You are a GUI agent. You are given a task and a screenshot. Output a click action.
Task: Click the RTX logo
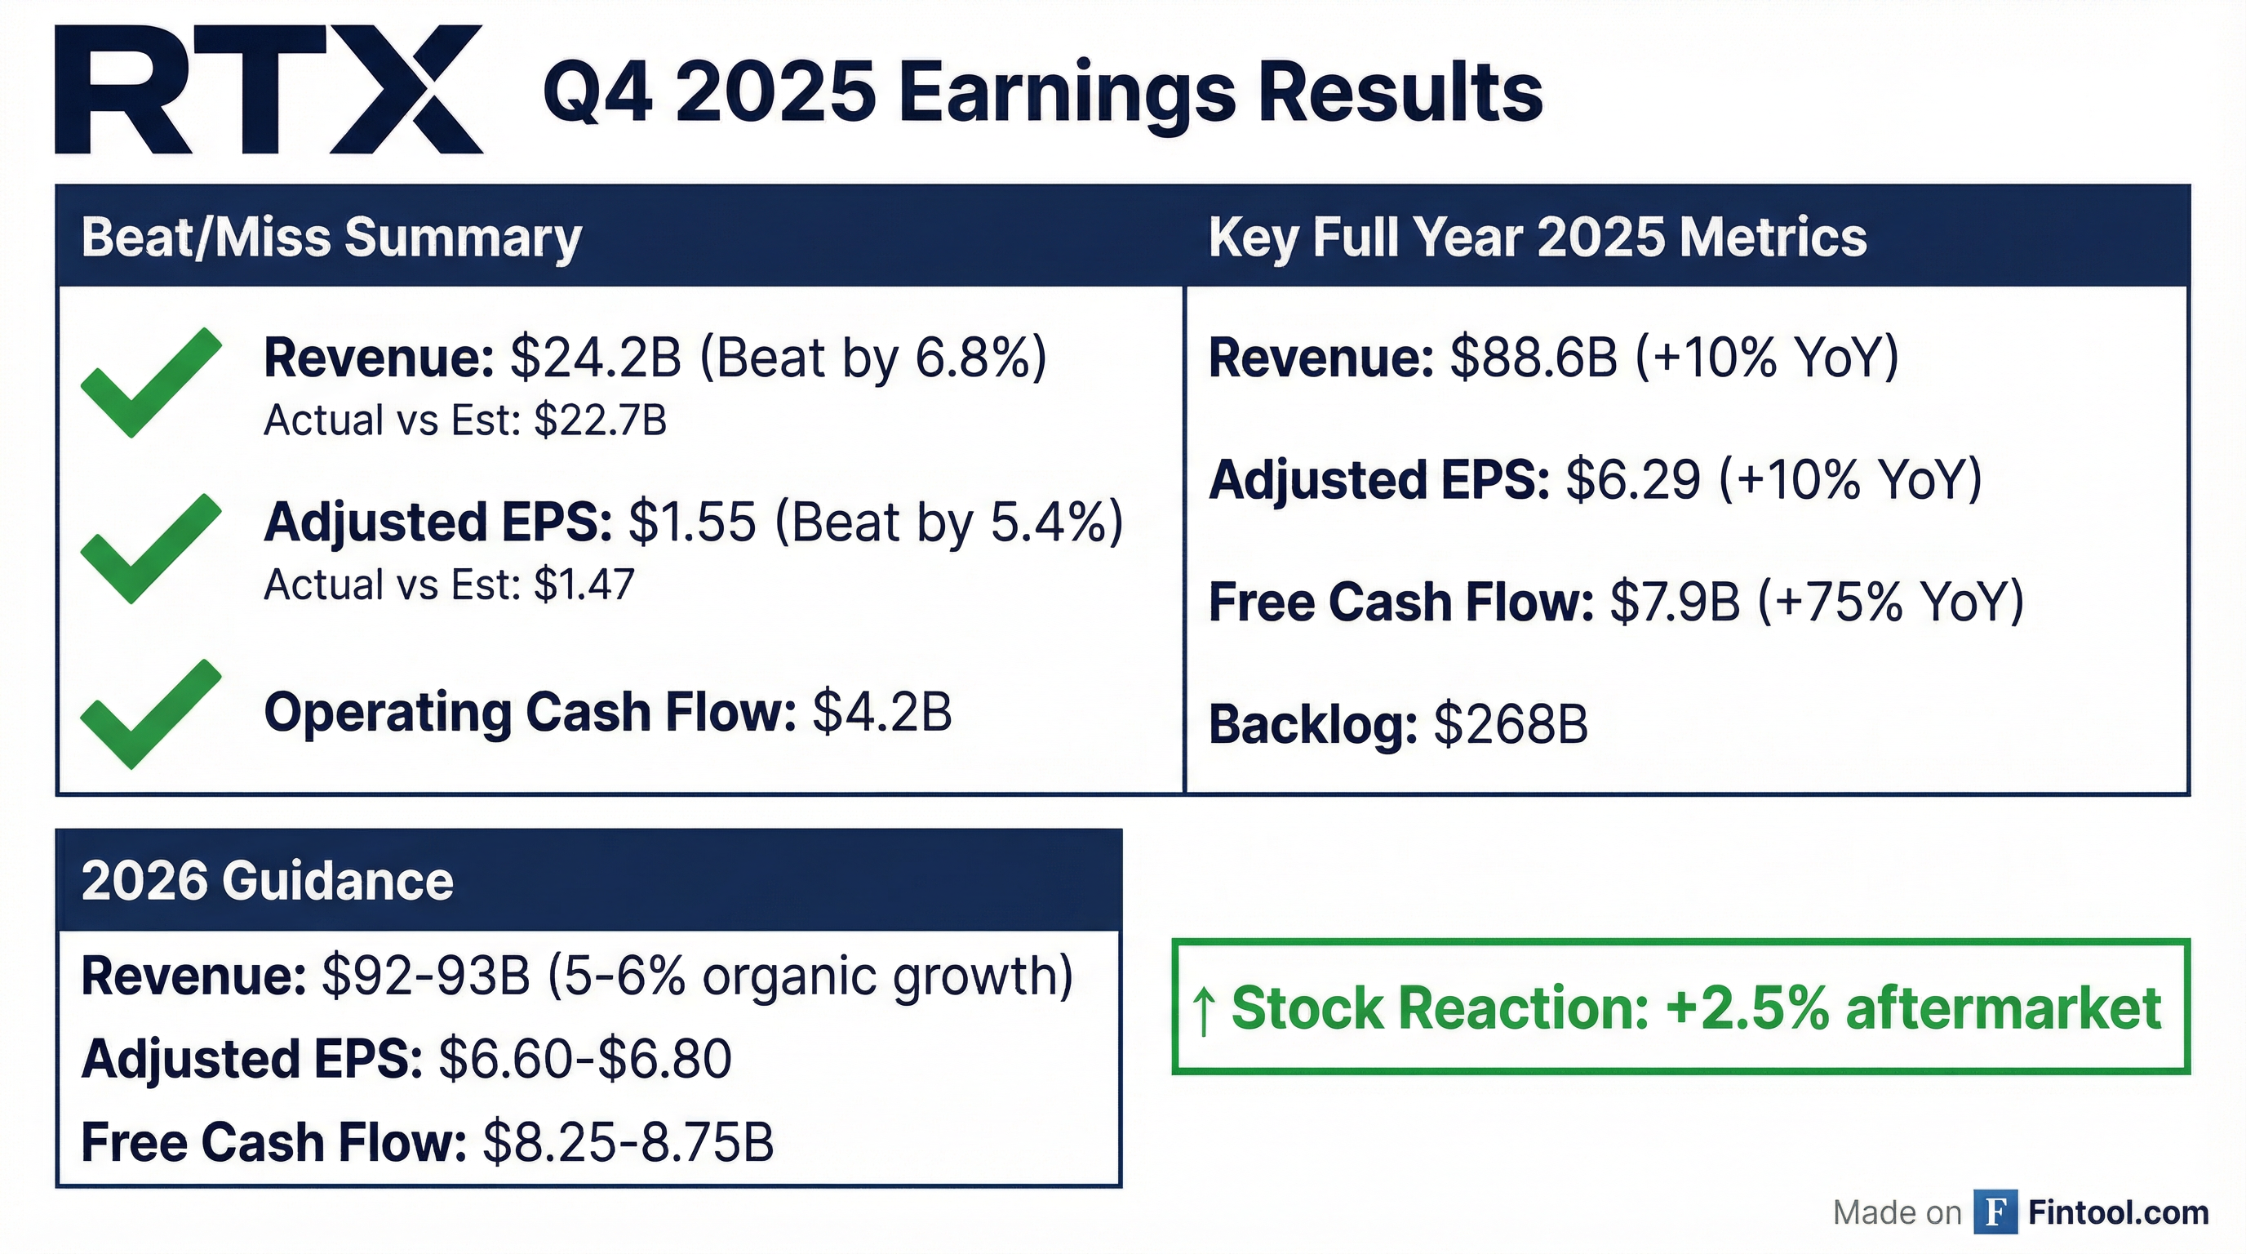point(269,90)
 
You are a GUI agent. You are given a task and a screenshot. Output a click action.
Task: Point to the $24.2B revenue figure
point(596,358)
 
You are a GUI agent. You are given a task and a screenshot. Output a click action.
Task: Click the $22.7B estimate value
point(601,420)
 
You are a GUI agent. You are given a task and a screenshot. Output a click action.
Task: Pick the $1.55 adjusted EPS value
point(692,522)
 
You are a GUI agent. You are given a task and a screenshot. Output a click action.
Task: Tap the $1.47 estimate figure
point(585,585)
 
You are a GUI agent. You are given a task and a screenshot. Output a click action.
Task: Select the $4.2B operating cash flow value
point(882,713)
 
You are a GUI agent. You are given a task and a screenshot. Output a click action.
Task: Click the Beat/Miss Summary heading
point(331,238)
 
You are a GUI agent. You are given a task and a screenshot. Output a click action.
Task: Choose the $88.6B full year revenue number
point(1534,358)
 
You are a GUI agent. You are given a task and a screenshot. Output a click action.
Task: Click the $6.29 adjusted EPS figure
point(1634,479)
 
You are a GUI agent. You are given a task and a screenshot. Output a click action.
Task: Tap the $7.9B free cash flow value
point(1675,603)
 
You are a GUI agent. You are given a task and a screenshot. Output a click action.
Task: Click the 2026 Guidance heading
point(268,881)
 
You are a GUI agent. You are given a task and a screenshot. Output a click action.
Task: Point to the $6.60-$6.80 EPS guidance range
point(585,1060)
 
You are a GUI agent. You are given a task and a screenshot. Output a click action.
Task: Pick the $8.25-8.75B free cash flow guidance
point(628,1143)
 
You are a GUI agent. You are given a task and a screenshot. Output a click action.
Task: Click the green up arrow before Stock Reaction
point(1204,1011)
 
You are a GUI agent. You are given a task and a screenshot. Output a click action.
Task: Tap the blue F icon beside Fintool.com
point(1995,1212)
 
